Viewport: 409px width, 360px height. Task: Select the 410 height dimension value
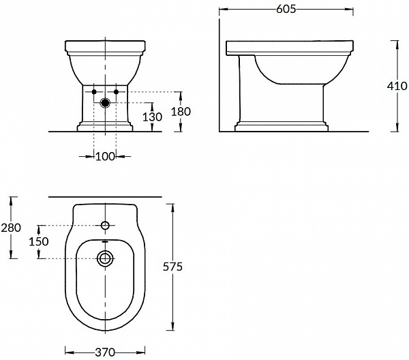pos(397,86)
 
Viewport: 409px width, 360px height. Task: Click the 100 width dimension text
pos(105,157)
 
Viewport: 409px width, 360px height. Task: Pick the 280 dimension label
pos(11,227)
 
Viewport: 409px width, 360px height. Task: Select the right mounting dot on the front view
pos(117,91)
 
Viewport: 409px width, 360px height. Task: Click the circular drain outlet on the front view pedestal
pos(105,104)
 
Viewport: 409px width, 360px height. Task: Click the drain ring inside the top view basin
pos(105,258)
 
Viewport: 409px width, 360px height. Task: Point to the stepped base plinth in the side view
pos(280,126)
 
